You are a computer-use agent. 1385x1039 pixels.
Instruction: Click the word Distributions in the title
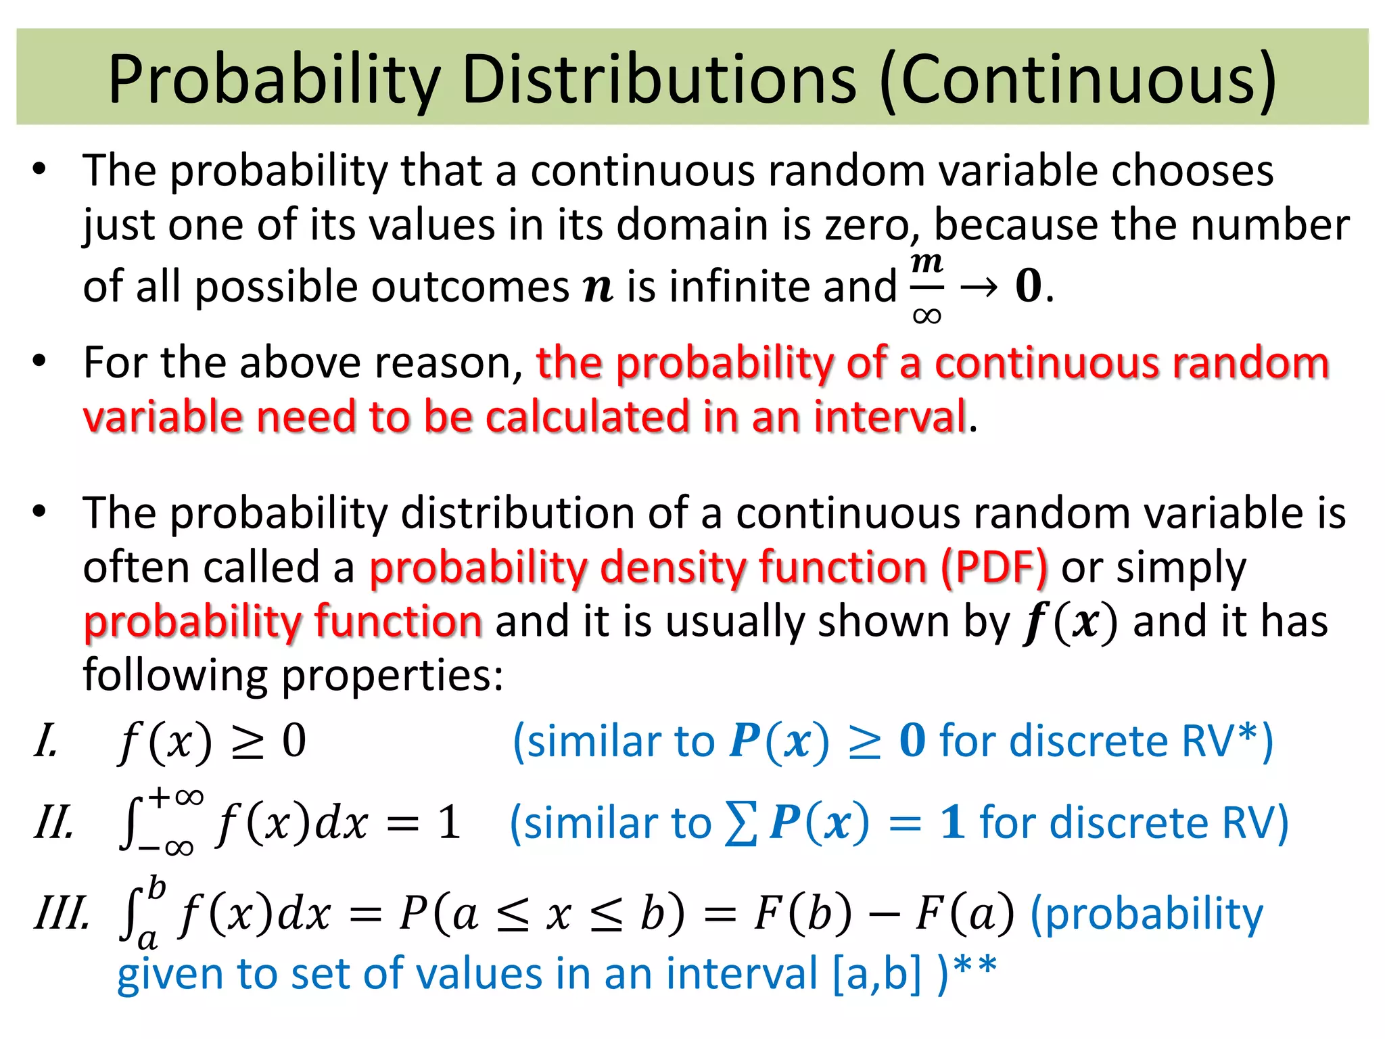(659, 80)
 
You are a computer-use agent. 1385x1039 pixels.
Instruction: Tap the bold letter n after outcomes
(598, 287)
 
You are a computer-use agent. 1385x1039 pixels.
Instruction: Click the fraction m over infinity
(926, 288)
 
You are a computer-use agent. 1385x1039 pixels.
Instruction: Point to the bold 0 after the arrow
(1028, 286)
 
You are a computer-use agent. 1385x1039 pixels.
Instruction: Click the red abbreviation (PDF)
(994, 567)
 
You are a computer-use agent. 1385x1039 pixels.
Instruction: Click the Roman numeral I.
(45, 741)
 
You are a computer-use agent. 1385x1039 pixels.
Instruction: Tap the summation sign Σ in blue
(741, 825)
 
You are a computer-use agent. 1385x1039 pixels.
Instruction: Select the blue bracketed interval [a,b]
(876, 975)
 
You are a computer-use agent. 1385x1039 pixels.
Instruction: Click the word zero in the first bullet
(871, 226)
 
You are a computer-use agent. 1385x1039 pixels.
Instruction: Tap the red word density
(672, 567)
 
